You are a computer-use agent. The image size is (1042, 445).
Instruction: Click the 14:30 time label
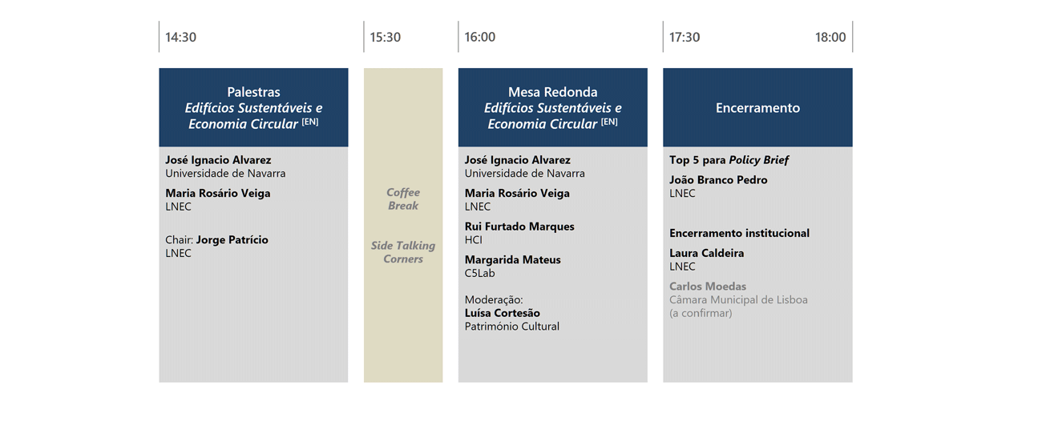click(180, 37)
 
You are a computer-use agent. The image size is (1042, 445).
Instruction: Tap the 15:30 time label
click(386, 37)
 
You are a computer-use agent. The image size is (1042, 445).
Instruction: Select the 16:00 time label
click(479, 37)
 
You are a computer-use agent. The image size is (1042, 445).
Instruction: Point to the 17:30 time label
click(685, 37)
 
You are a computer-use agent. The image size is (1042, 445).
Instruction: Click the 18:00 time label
click(830, 37)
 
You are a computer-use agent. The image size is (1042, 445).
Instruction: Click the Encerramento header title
click(757, 108)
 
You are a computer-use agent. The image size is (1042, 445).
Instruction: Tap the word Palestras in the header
click(253, 92)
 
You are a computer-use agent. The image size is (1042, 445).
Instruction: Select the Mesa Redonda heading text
click(552, 92)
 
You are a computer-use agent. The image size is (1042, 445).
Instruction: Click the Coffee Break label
click(403, 198)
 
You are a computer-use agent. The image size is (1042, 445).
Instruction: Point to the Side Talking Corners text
click(403, 252)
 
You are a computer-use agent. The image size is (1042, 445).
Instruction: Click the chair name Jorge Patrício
click(232, 239)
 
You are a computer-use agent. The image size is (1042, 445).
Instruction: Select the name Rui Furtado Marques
click(519, 227)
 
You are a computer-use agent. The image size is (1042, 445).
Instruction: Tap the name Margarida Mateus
click(513, 259)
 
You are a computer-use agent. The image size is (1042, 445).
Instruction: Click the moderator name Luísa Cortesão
click(503, 313)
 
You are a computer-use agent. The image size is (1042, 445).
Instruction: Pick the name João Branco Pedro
click(718, 180)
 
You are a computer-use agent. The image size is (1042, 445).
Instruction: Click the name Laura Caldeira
click(707, 253)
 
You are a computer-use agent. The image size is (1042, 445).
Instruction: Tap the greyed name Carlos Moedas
click(708, 287)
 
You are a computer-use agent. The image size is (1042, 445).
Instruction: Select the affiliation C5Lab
click(479, 273)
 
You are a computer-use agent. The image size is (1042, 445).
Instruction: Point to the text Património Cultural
click(511, 327)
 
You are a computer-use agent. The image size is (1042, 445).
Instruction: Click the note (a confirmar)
click(701, 313)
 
